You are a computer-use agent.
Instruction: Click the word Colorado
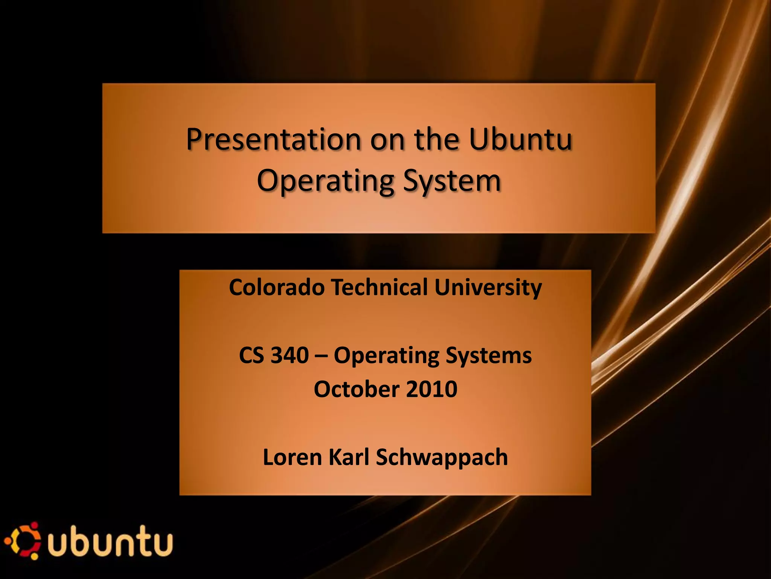point(277,287)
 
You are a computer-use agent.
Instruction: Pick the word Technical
point(379,287)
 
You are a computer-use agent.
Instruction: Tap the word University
point(488,288)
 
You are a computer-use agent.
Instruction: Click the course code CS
point(251,355)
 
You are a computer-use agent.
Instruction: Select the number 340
point(290,355)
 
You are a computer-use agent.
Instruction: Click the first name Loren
point(292,457)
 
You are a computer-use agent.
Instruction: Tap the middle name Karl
point(349,457)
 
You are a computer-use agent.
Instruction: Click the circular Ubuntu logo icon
point(24,541)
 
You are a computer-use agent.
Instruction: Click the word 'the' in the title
point(437,139)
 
